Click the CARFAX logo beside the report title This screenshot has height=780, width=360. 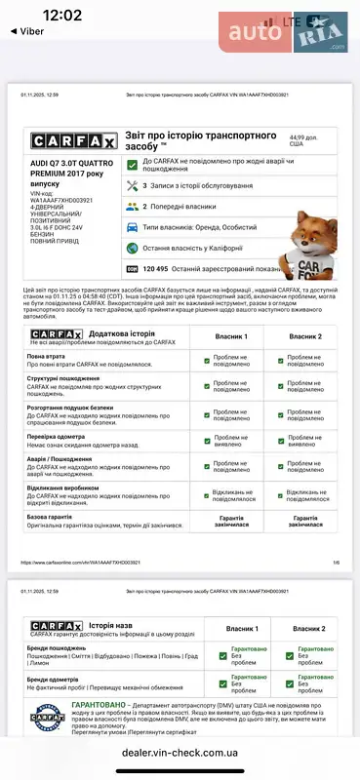click(x=69, y=140)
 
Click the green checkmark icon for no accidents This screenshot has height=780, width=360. click(x=132, y=163)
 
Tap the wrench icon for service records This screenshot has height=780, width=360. click(x=132, y=184)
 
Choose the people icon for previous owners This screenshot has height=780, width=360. click(x=132, y=206)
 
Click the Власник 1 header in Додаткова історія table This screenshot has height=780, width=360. click(x=230, y=336)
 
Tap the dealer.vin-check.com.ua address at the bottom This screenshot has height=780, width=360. click(x=180, y=753)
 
